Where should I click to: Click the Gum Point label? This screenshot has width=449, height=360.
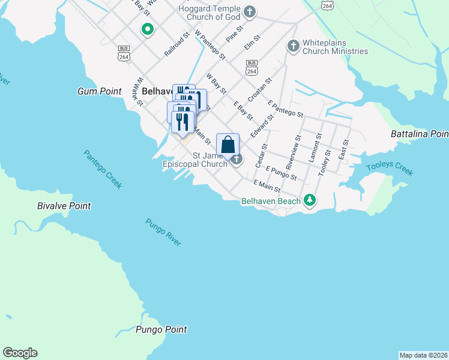pyautogui.click(x=96, y=91)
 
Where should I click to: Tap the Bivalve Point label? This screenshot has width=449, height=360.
pyautogui.click(x=64, y=206)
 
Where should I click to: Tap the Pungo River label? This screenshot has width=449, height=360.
pyautogui.click(x=163, y=232)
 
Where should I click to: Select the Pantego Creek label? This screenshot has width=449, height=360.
pyautogui.click(x=103, y=169)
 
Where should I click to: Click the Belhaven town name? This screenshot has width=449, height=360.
pyautogui.click(x=160, y=91)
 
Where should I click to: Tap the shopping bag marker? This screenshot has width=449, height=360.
pyautogui.click(x=228, y=146)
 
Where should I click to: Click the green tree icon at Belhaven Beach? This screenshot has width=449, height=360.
pyautogui.click(x=309, y=200)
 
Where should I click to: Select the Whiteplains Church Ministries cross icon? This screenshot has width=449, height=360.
pyautogui.click(x=293, y=46)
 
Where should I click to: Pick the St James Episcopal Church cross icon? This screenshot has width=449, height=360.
pyautogui.click(x=237, y=159)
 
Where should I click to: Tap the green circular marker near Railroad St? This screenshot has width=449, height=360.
pyautogui.click(x=146, y=29)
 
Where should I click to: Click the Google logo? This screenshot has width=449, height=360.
pyautogui.click(x=20, y=353)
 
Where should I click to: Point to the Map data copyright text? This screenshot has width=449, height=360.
pyautogui.click(x=423, y=355)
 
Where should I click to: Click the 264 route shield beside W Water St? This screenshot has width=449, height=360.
pyautogui.click(x=124, y=53)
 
